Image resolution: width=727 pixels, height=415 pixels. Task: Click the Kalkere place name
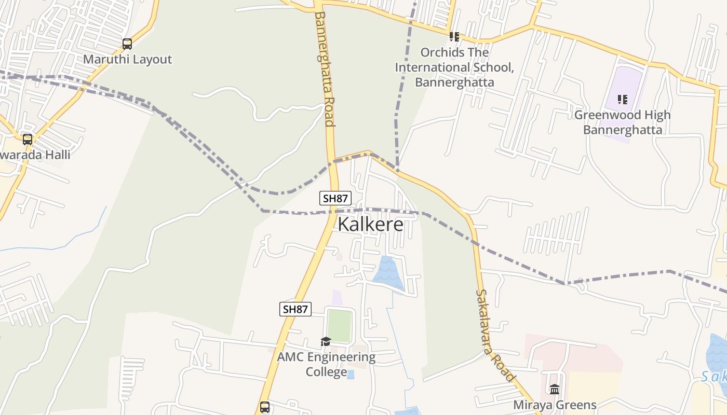tap(370, 224)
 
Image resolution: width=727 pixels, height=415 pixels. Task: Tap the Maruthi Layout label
tap(127, 59)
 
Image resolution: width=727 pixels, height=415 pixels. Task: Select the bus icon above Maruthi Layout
tap(127, 44)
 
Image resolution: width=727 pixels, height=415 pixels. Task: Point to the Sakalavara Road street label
tap(495, 335)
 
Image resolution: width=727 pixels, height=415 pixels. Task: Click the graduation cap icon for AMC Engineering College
tap(326, 341)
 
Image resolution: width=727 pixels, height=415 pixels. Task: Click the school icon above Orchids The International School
tap(454, 37)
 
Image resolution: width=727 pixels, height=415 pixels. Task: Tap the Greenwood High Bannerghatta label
tap(622, 122)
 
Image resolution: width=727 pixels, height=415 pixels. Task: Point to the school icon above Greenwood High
tap(622, 100)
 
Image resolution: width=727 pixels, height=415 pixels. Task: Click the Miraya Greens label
tap(555, 405)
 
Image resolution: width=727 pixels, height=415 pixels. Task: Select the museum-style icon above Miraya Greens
tap(555, 389)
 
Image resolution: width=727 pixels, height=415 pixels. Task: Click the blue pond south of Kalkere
tap(389, 272)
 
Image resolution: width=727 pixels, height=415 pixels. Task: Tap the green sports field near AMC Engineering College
tap(339, 325)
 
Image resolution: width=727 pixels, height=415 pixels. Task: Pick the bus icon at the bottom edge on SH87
tap(265, 407)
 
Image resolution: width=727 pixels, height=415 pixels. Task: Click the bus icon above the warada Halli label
tap(28, 139)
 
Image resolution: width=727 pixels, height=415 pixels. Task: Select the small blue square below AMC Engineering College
tap(351, 374)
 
